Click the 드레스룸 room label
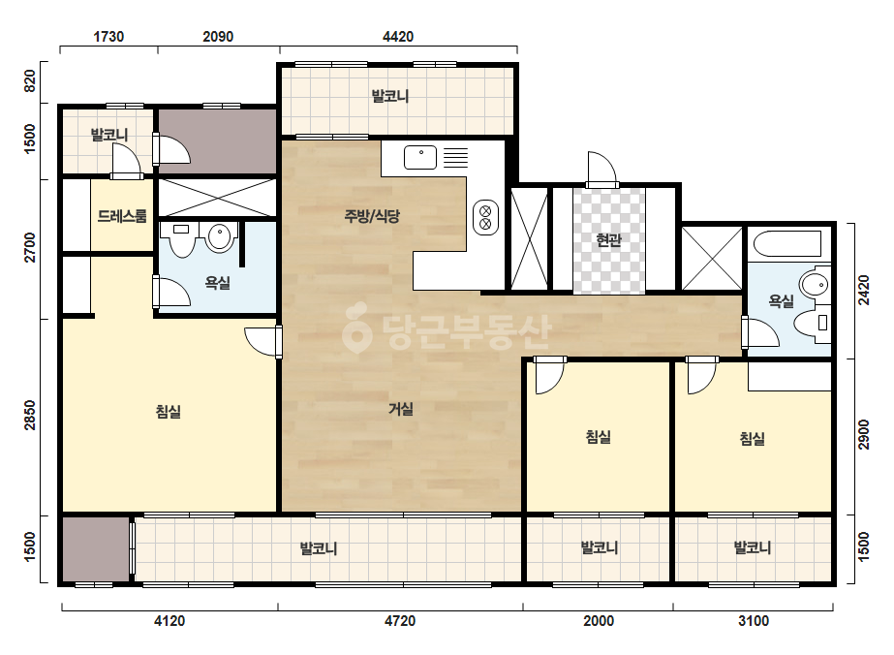[x=122, y=216]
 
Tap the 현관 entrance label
[x=608, y=240]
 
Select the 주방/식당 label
[x=372, y=216]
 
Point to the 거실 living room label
[x=401, y=409]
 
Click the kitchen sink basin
[x=420, y=158]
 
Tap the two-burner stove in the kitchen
[x=486, y=217]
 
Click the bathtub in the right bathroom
[x=787, y=244]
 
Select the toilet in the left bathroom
[x=182, y=239]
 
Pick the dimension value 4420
[x=398, y=37]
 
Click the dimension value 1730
[x=108, y=37]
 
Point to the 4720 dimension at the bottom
[x=400, y=621]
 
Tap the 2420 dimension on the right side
[x=864, y=291]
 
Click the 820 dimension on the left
[x=30, y=80]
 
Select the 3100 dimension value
[x=754, y=621]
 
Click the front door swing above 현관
[x=602, y=169]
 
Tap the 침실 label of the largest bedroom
[x=169, y=412]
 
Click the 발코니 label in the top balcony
[x=390, y=96]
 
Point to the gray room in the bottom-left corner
[x=96, y=548]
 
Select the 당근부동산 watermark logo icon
[x=356, y=327]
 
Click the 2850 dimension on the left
[x=30, y=416]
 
